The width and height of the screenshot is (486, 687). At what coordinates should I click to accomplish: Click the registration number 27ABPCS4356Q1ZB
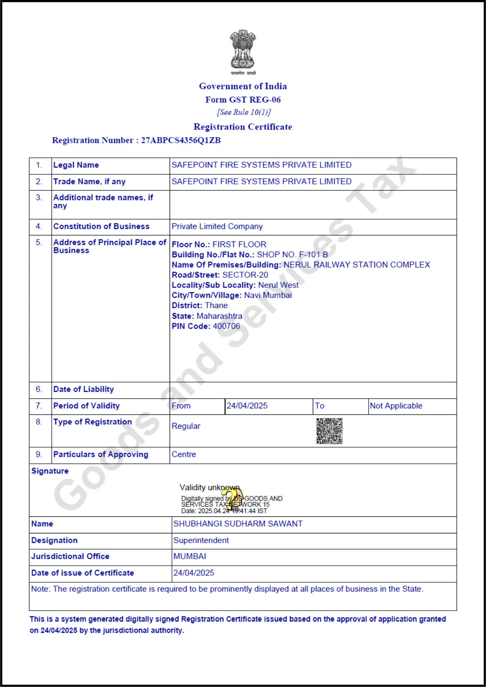coord(181,140)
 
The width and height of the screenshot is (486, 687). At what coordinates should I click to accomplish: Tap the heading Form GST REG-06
coord(243,99)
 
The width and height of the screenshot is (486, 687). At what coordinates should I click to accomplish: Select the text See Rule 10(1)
coord(244,112)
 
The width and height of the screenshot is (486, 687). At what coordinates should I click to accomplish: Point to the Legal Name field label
coord(76,165)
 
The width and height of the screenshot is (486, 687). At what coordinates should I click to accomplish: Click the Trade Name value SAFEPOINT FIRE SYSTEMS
coord(261,182)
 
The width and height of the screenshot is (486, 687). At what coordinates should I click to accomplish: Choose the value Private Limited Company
coord(217,226)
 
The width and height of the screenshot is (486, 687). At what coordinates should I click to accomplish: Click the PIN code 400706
coord(227,326)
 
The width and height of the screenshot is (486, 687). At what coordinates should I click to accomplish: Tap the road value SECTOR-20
coord(245,275)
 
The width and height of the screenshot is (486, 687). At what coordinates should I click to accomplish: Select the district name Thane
coord(216,305)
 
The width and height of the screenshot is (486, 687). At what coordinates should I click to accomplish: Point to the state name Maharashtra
coord(219,316)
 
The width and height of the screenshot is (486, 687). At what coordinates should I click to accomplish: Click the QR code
coord(329,431)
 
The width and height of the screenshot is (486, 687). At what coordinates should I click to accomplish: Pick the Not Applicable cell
coord(396,406)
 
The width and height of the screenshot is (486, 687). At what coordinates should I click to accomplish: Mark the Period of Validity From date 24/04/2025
coord(247,406)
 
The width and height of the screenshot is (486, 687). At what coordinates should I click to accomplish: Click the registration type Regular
coord(186,426)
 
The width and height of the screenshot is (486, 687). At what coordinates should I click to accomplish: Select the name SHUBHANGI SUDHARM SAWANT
coord(238,524)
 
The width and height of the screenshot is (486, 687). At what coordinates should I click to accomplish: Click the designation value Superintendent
coord(201,541)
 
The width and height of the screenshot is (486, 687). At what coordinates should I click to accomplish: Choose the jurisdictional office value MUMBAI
coord(190,556)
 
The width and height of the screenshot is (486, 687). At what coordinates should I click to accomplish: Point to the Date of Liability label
coord(83,389)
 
